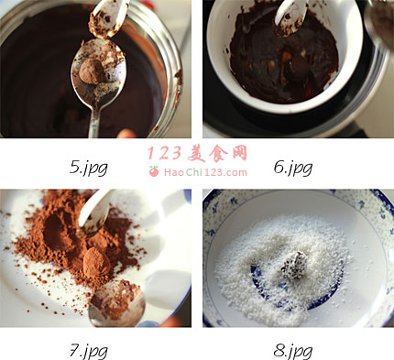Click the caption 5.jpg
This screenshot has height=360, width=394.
[89, 168]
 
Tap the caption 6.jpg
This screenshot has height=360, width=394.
[293, 168]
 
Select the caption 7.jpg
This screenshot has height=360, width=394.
[89, 351]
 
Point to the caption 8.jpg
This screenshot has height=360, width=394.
[293, 351]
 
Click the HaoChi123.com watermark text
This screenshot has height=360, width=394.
[205, 172]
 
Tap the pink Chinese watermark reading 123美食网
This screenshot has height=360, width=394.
[198, 153]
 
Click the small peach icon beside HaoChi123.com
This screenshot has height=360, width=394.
[154, 171]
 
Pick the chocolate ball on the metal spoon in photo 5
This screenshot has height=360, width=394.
[93, 71]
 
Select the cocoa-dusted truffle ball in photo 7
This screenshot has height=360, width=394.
[96, 262]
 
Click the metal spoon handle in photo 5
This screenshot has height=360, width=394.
[94, 118]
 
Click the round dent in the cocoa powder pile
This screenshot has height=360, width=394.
[57, 231]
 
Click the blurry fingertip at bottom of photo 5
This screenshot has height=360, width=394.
[126, 134]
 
